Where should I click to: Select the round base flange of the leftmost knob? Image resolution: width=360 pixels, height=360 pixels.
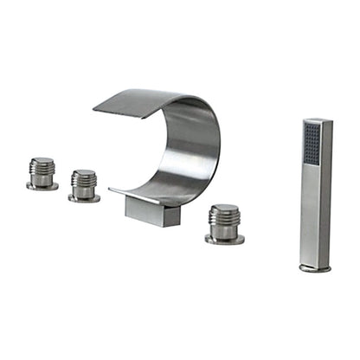(42, 185)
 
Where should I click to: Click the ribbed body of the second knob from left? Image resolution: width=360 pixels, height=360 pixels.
(84, 184)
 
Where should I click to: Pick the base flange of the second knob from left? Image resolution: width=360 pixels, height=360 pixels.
(84, 198)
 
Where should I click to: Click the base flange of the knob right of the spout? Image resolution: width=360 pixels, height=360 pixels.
(224, 238)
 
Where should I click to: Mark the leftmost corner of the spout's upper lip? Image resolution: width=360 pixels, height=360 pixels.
(95, 107)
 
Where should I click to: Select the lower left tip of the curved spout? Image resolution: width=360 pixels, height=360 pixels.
(112, 191)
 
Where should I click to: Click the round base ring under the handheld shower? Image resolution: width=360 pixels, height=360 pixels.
(314, 268)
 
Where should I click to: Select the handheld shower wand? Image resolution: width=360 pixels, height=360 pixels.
(314, 190)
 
